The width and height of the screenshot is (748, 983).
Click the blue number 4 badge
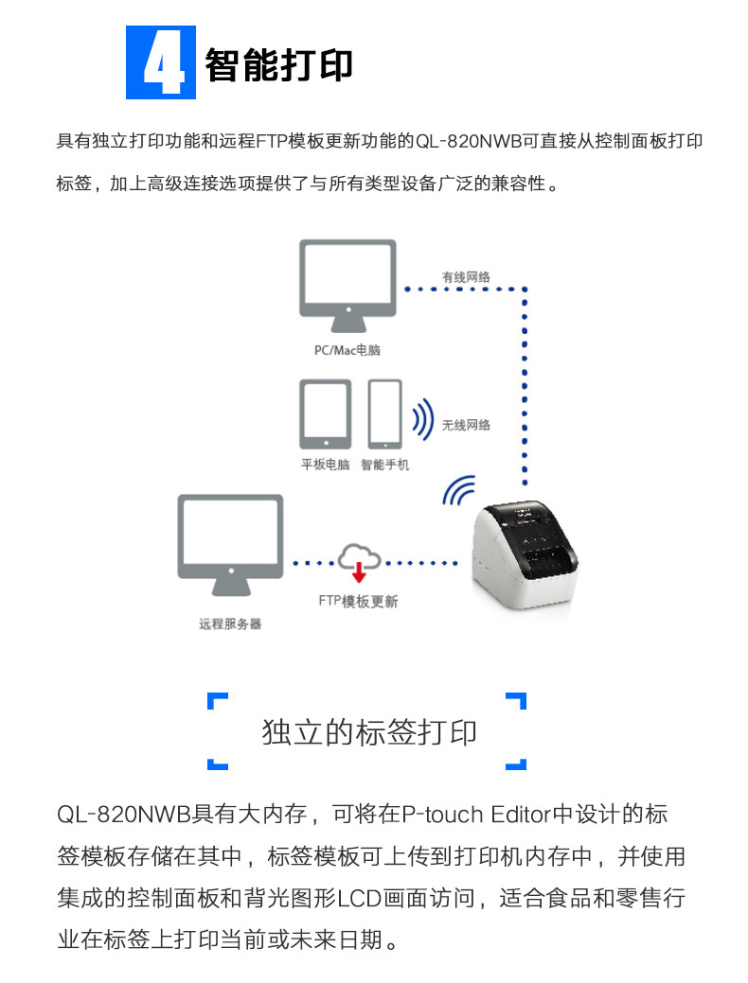(161, 62)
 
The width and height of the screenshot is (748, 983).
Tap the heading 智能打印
(278, 64)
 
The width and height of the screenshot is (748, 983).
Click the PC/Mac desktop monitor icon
(347, 286)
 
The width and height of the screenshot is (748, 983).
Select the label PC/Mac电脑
(347, 350)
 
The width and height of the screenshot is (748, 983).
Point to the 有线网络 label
(466, 276)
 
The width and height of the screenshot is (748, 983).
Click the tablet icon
(325, 414)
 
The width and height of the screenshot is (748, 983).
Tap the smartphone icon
(384, 414)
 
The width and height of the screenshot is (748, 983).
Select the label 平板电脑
(325, 465)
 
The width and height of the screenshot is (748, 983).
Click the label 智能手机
(384, 465)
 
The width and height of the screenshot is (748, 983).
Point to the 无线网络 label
(466, 425)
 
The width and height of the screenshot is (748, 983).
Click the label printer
(525, 554)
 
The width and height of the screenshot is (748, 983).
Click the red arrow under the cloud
(359, 572)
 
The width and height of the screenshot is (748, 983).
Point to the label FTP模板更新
(358, 601)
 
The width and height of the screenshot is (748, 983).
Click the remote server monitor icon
(230, 545)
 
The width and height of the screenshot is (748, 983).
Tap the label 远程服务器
(230, 623)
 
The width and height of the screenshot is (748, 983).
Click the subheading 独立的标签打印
(369, 731)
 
